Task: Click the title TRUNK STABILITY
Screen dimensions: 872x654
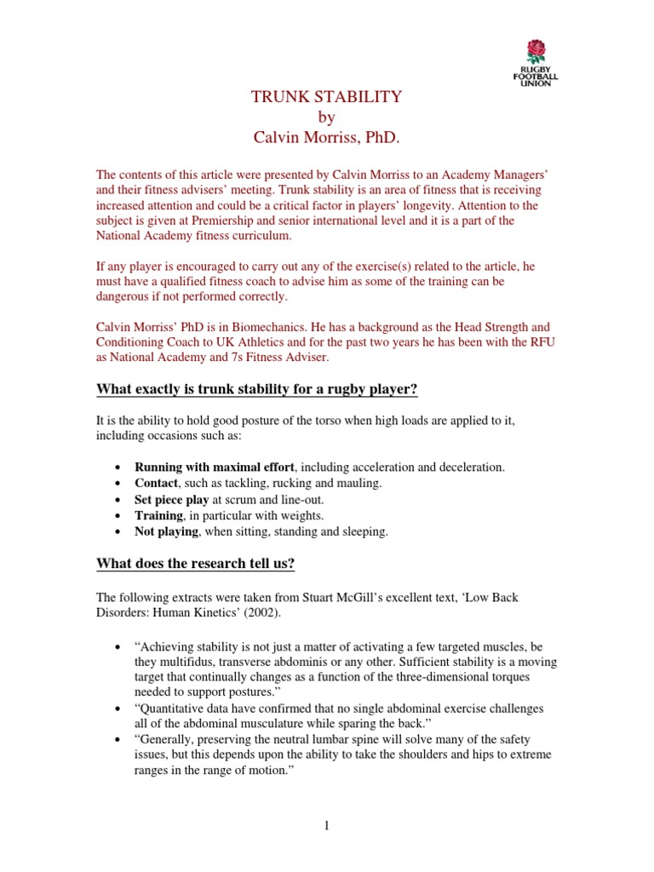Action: click(x=326, y=97)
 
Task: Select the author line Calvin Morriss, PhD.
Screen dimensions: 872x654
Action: click(x=326, y=137)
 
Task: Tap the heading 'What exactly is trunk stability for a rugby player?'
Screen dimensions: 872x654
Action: click(x=258, y=389)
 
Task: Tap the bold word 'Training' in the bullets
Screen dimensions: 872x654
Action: click(x=158, y=515)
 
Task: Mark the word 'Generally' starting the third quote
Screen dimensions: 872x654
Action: click(x=166, y=742)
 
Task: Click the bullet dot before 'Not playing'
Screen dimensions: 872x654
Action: click(x=116, y=532)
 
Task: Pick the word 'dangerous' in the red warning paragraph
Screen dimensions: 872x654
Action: click(x=129, y=296)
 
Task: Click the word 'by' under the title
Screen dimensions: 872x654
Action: click(x=326, y=118)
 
